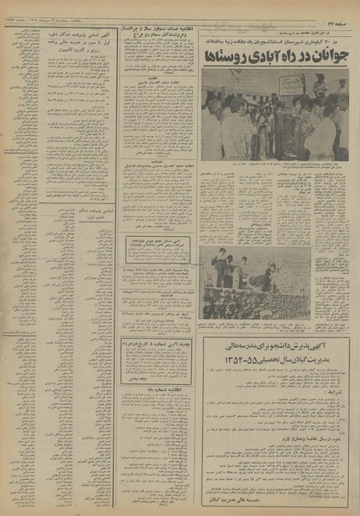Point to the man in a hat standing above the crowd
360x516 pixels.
click(319, 82)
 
